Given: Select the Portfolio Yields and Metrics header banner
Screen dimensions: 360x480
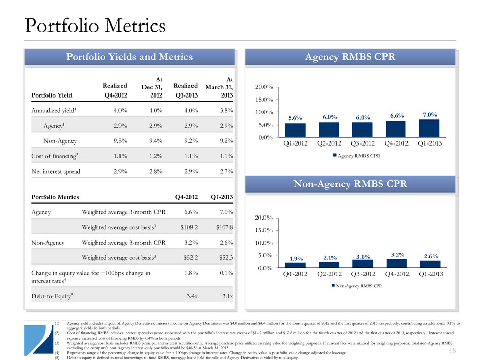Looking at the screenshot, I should pos(129,57).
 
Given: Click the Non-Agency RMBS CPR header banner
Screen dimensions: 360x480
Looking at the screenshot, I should pos(350,184).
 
